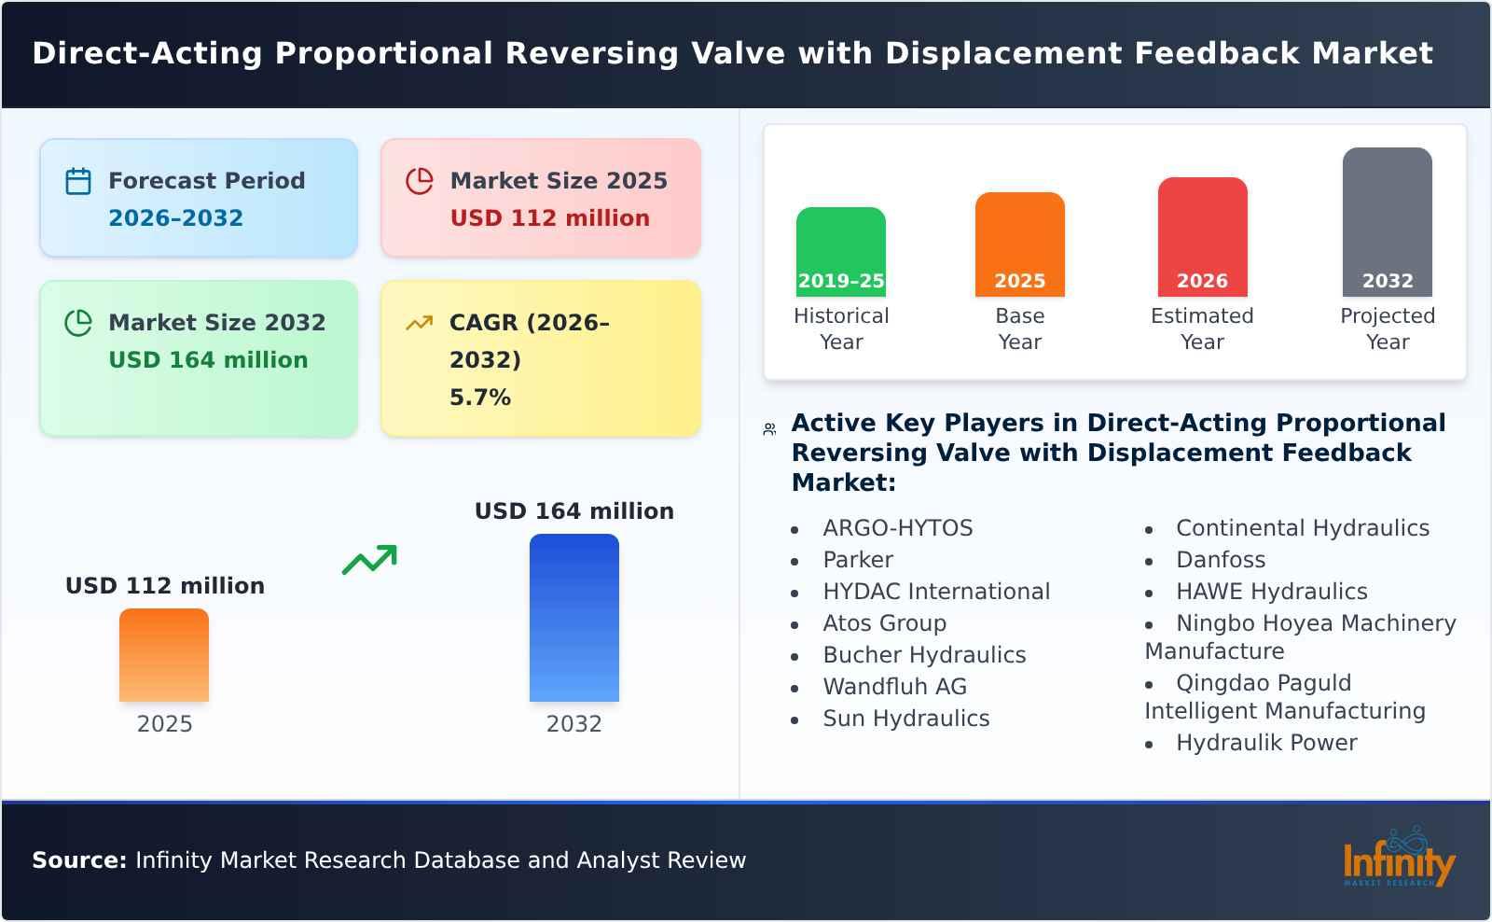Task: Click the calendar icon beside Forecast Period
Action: tap(78, 181)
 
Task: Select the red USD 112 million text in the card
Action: tap(549, 218)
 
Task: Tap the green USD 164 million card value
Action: tap(208, 360)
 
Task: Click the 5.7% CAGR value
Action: tap(479, 398)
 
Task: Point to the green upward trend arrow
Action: tap(369, 560)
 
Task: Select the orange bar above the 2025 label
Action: tap(164, 655)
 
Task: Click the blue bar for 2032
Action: tap(573, 618)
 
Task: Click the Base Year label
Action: tap(1019, 328)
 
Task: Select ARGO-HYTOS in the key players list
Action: tap(897, 528)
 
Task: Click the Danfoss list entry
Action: tap(1220, 560)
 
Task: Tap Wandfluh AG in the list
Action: tap(894, 687)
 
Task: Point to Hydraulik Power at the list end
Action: tap(1265, 743)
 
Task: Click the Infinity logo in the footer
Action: tap(1398, 859)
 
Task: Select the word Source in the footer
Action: tap(78, 860)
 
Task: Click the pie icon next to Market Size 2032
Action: tap(78, 323)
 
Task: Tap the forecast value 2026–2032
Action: tap(175, 218)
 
